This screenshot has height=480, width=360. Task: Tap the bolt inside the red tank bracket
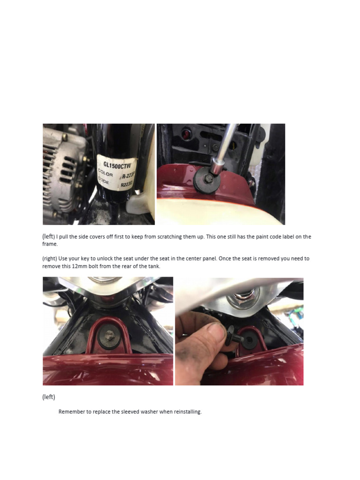coord(108,335)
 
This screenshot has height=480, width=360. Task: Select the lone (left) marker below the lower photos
coord(49,397)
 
